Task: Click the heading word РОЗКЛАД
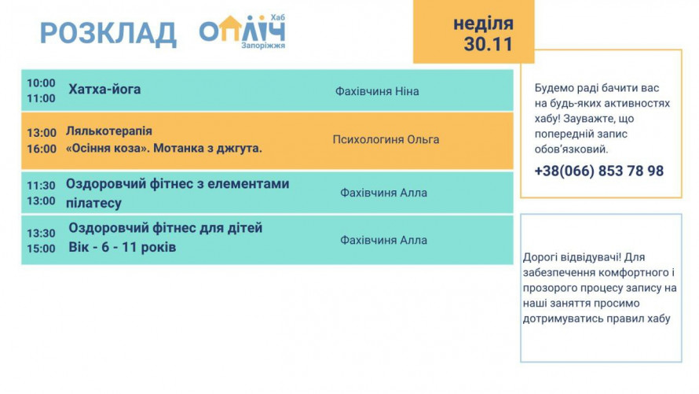click(108, 34)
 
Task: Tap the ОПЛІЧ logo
click(241, 31)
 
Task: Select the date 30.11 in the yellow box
click(488, 45)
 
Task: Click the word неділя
click(483, 23)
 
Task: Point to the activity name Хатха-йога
click(104, 90)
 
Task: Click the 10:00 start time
click(41, 83)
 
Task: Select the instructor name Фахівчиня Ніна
click(377, 91)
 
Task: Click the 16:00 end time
click(42, 149)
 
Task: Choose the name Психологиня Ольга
click(386, 140)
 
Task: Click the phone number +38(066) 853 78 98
click(598, 171)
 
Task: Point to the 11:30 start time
click(41, 186)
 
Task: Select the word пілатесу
click(93, 204)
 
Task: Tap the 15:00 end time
click(41, 249)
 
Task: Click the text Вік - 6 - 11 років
click(123, 248)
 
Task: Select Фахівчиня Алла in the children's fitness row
click(383, 240)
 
